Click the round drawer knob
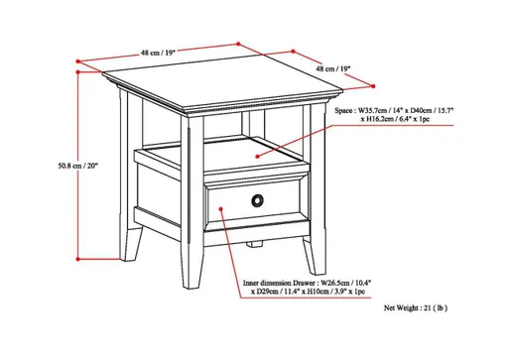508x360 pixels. pyautogui.click(x=259, y=201)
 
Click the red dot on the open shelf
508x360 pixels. pyautogui.click(x=256, y=155)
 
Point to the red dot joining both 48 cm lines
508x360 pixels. pyautogui.click(x=239, y=43)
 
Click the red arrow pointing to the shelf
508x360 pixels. pyautogui.click(x=298, y=139)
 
